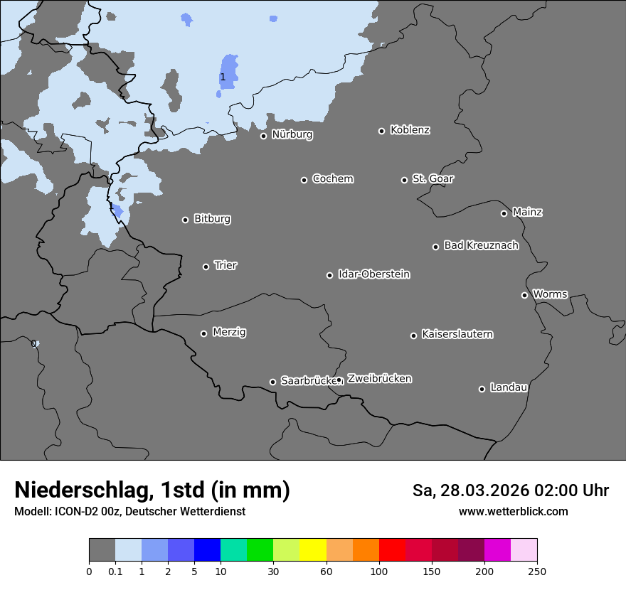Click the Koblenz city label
pos(410,130)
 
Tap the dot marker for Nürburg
pos(263,136)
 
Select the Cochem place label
pos(332,178)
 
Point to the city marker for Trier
pos(206,267)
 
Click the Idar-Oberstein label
pos(373,274)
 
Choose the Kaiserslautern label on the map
pos(457,334)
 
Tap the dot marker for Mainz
pos(504,213)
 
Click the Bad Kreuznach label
pos(481,245)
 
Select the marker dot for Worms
pos(524,295)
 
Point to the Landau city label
pos(509,387)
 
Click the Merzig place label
pos(229,332)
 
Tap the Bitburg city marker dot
pos(185,220)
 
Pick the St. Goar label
pos(433,178)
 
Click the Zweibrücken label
pos(379,379)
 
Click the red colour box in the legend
pos(392,550)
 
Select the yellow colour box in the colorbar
pos(313,550)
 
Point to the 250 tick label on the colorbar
pos(537,571)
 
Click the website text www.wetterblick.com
pos(513,512)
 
